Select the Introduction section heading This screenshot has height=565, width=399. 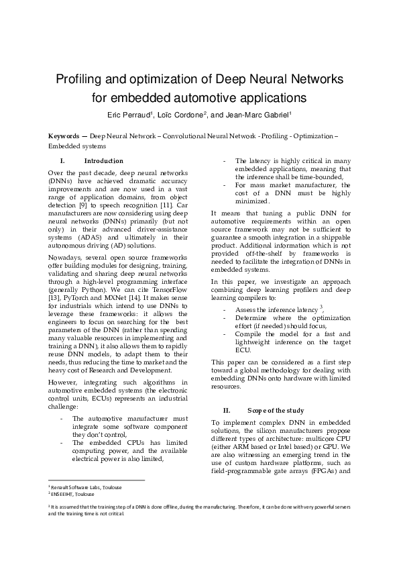(103, 161)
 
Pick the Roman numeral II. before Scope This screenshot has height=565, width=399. (226, 410)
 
